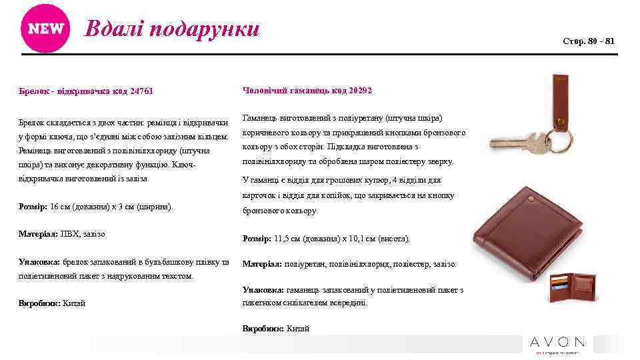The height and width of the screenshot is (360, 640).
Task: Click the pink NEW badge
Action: click(x=45, y=29)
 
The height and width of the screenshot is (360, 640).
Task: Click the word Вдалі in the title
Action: click(x=113, y=29)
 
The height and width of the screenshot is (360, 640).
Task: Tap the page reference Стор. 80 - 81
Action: click(x=589, y=41)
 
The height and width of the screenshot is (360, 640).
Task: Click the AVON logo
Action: click(x=557, y=343)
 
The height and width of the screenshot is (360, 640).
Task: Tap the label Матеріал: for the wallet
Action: click(x=262, y=264)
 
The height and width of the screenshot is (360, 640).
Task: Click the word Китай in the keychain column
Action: click(x=73, y=303)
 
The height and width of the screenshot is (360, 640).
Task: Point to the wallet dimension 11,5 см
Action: click(x=287, y=238)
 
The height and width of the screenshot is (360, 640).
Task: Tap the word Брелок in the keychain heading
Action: click(x=32, y=91)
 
